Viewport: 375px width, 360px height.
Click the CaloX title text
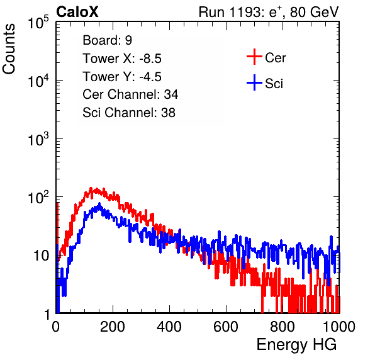[x=77, y=12]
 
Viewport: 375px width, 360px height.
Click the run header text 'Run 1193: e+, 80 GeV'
[x=269, y=12]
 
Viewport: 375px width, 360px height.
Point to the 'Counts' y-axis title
[x=9, y=49]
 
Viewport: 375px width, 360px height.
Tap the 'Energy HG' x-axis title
[x=296, y=345]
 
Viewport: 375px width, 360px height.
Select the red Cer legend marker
[x=254, y=57]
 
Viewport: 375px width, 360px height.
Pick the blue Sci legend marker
[x=254, y=83]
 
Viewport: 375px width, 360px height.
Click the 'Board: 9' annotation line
[x=107, y=40]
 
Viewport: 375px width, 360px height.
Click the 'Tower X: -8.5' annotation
[x=122, y=59]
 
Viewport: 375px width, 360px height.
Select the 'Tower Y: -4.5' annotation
[x=122, y=77]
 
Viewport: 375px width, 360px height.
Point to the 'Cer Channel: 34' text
[x=130, y=94]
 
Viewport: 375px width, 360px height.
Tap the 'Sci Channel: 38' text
[x=129, y=113]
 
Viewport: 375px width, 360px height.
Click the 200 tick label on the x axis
[x=113, y=327]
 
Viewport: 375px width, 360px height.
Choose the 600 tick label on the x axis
[x=226, y=327]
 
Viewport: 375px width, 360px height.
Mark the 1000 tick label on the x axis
[x=339, y=327]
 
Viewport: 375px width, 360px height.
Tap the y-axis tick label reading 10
[x=41, y=256]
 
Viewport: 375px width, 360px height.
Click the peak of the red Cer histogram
[x=91, y=188]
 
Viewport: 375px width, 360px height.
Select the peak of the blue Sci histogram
[x=99, y=204]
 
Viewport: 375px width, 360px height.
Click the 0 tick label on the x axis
[x=56, y=327]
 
